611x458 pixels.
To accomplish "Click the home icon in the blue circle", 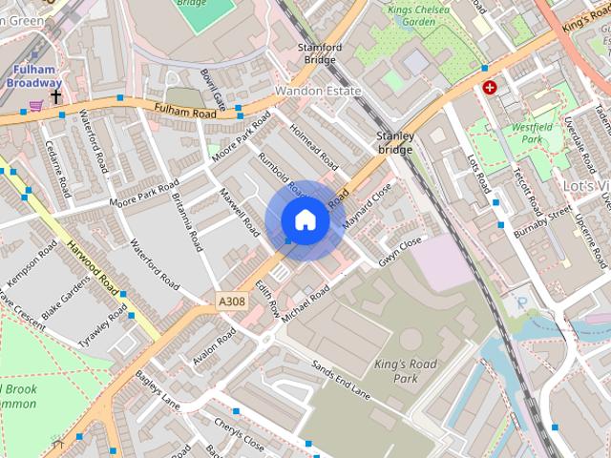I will (305, 220).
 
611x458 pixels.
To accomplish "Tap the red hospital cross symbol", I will (491, 88).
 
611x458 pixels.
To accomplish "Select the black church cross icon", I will (56, 97).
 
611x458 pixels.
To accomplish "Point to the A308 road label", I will (232, 302).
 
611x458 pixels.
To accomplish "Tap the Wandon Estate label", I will (318, 92).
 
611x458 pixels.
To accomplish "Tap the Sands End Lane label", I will (341, 377).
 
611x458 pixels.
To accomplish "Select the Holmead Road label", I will (314, 143).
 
